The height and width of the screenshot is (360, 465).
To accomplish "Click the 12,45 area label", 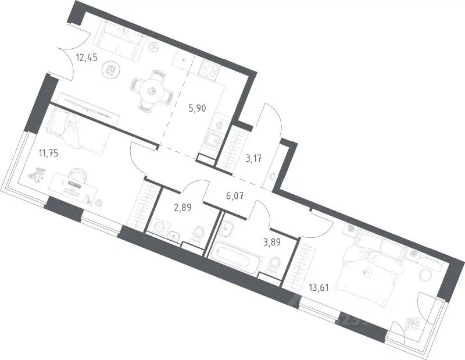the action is coord(87,57).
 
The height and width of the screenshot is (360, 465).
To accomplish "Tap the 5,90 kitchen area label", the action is coord(197,108).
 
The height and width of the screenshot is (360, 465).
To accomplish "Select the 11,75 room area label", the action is coord(48,154).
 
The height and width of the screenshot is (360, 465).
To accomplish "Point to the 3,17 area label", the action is coord(253,159).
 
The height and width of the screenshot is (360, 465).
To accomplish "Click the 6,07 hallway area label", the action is coord(235,196).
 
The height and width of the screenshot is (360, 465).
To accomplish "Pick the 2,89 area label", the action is coord(183,207).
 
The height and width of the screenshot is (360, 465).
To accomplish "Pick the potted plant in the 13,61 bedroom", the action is coord(412,323).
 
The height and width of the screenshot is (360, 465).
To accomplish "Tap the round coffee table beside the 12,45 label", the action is coord(111,70).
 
